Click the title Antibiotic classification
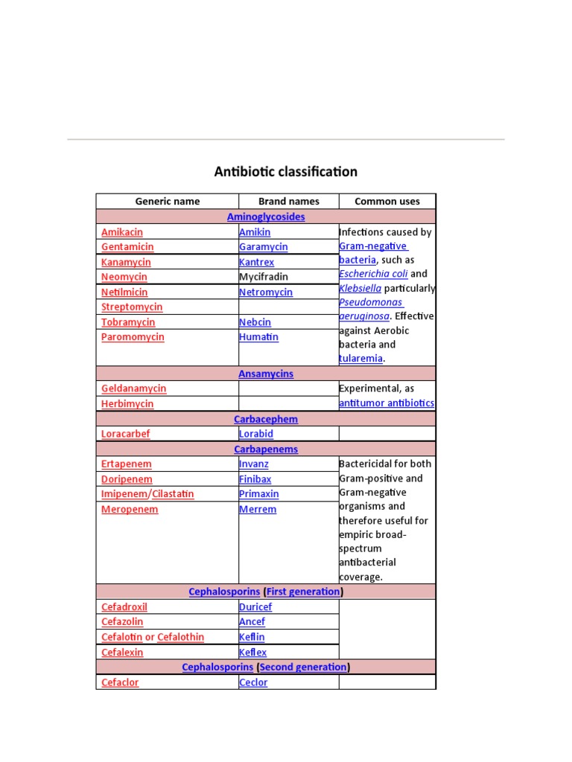286,172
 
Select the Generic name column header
167,201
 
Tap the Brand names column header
288,201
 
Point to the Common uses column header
387,201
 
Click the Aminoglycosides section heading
266,217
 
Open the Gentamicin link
127,247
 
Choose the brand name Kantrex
256,262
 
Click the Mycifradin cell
263,277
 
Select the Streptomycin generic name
132,307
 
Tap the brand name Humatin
258,337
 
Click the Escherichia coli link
373,274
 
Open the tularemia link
361,359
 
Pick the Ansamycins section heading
266,374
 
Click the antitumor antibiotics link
387,403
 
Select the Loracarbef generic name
125,434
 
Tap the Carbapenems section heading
266,449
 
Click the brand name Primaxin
258,494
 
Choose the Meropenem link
130,510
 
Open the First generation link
303,592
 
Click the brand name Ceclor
253,682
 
